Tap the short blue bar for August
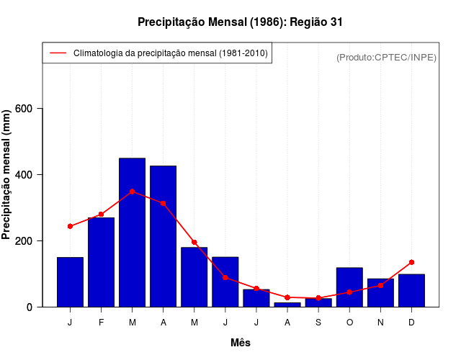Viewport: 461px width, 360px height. (x=287, y=305)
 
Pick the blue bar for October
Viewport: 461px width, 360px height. (x=349, y=287)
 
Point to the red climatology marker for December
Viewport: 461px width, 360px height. (x=411, y=262)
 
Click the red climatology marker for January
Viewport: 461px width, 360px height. (x=70, y=226)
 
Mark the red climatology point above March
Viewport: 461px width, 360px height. (x=132, y=192)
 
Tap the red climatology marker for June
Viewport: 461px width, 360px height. (x=225, y=277)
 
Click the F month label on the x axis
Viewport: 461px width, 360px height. (x=101, y=323)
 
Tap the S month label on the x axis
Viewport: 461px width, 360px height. (x=318, y=323)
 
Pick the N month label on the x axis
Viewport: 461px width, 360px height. (x=380, y=323)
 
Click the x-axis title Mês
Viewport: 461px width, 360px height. (x=241, y=343)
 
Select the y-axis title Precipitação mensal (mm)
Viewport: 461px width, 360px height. (x=7, y=175)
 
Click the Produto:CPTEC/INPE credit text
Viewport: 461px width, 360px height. (x=386, y=57)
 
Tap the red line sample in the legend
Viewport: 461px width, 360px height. (x=58, y=53)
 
